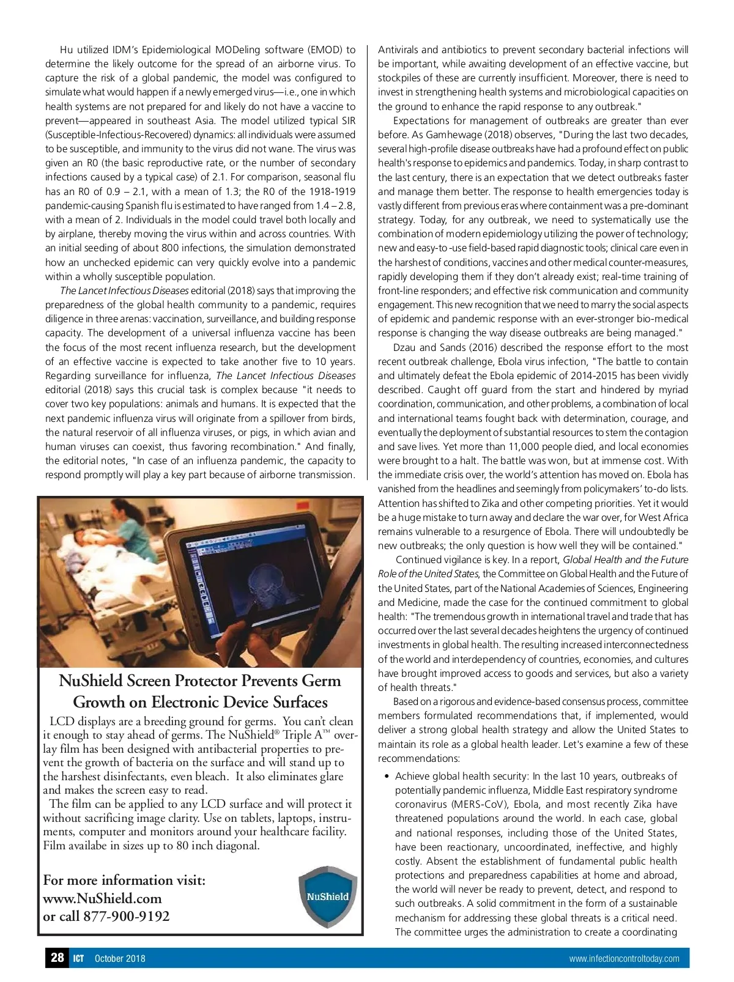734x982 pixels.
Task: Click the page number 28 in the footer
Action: point(57,958)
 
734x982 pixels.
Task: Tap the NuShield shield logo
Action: point(327,897)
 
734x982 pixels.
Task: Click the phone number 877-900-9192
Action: point(127,916)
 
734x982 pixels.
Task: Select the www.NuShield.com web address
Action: point(102,898)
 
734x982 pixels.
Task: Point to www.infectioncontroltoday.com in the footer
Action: point(624,959)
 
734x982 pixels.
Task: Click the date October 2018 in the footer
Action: point(120,959)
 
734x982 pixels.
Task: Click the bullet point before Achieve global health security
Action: point(387,777)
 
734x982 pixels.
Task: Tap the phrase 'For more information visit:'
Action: point(124,880)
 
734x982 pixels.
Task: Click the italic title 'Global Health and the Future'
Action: point(625,559)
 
